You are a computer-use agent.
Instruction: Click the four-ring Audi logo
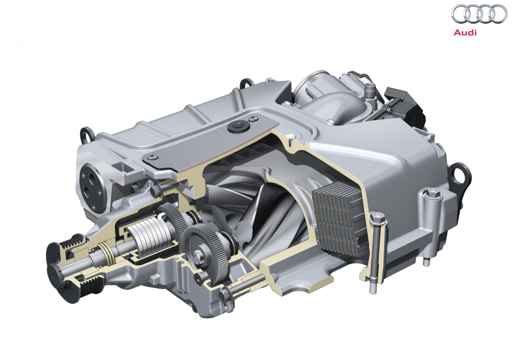point(479,14)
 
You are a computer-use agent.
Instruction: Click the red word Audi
point(465,32)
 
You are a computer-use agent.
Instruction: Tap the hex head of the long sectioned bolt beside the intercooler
point(378,219)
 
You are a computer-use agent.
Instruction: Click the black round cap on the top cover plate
point(238,127)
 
